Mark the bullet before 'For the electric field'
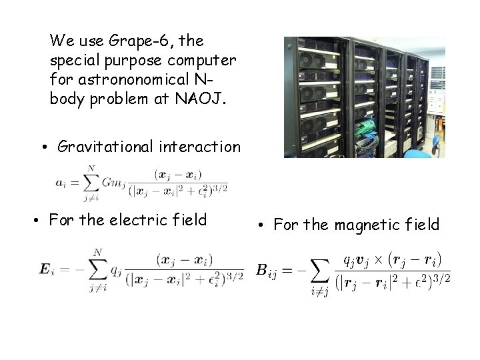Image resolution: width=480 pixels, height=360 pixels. (35, 220)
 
